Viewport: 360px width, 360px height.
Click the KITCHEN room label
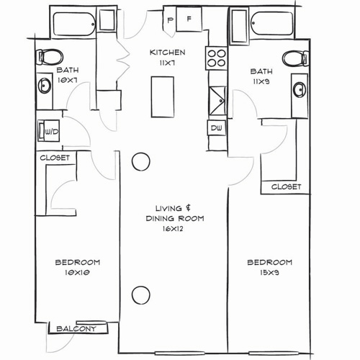168,53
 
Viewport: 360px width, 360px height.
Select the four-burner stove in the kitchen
215,58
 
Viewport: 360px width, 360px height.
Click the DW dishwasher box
216,127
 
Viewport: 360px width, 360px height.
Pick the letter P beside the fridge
171,20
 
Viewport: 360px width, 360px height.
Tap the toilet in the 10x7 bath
50,56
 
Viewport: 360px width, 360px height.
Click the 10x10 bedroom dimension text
77,273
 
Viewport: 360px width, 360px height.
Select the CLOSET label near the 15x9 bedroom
286,187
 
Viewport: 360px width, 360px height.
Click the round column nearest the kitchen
140,161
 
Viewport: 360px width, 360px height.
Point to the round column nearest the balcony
140,293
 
